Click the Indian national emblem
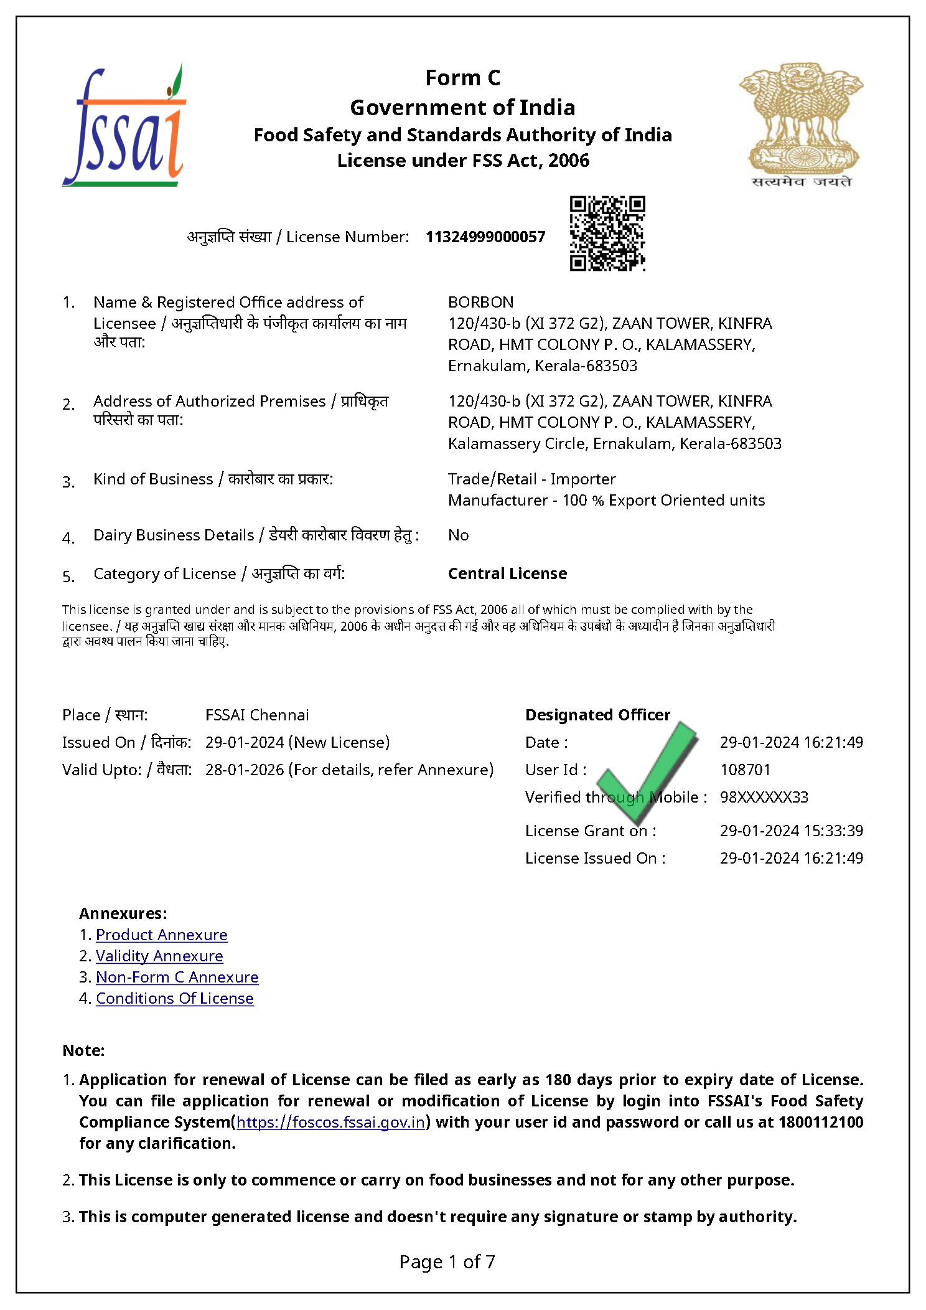click(x=801, y=125)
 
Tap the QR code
click(x=607, y=233)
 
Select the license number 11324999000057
click(x=485, y=237)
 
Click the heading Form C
click(x=462, y=78)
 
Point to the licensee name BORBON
click(x=480, y=303)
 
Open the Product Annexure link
click(x=161, y=935)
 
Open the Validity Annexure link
click(x=159, y=956)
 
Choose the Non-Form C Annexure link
click(x=177, y=978)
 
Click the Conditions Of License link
click(x=174, y=999)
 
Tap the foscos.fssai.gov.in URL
click(x=330, y=1123)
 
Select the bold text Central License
click(x=507, y=574)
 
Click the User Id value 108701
click(x=745, y=770)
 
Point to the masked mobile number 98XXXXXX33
click(x=764, y=798)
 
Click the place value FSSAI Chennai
click(x=257, y=715)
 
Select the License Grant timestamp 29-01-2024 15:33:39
click(x=791, y=831)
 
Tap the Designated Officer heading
click(x=597, y=715)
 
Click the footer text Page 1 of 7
click(x=447, y=1262)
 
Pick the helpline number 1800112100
click(x=820, y=1123)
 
